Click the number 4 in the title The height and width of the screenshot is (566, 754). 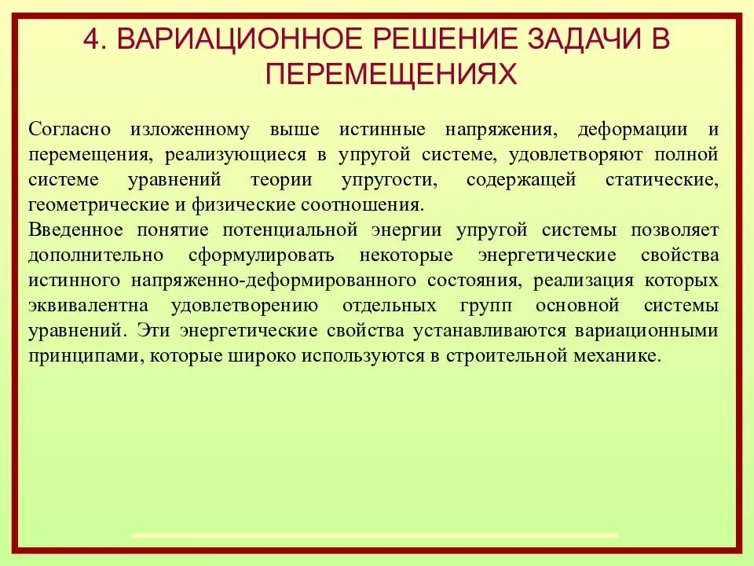click(x=91, y=39)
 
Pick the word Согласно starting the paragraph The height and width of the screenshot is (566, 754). click(x=69, y=130)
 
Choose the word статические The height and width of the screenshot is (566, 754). click(x=661, y=180)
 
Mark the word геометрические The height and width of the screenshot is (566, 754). click(x=86, y=205)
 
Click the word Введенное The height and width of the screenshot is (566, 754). click(x=75, y=230)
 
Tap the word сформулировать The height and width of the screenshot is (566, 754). click(x=262, y=255)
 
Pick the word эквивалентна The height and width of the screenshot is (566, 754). click(x=82, y=305)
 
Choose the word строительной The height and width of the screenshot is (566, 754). click(x=503, y=355)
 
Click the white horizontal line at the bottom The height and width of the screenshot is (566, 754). click(x=375, y=535)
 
